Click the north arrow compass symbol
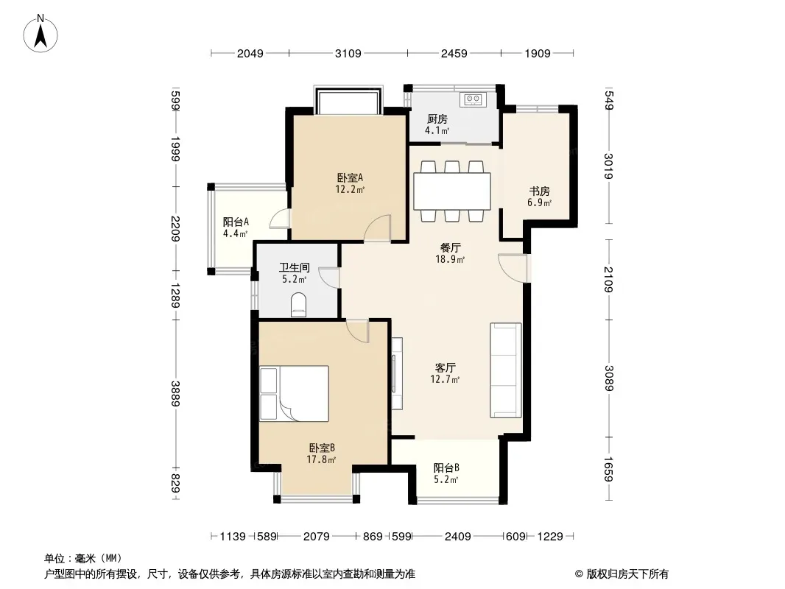(x=41, y=34)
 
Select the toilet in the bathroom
(x=298, y=306)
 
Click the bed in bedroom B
(x=295, y=393)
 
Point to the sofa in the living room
(x=506, y=370)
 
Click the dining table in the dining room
(x=451, y=191)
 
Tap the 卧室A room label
(x=350, y=177)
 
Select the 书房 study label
(x=539, y=191)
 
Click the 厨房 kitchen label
(x=437, y=119)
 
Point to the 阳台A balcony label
(x=236, y=222)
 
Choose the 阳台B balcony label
(x=446, y=468)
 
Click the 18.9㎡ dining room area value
(x=450, y=259)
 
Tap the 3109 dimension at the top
(x=348, y=53)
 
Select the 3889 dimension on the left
(x=175, y=393)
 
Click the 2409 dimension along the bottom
(x=457, y=537)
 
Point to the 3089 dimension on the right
(x=609, y=378)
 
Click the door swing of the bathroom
(x=329, y=278)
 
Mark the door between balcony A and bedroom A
(x=280, y=219)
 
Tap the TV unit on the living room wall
(x=397, y=374)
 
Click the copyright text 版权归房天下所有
(x=627, y=574)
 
